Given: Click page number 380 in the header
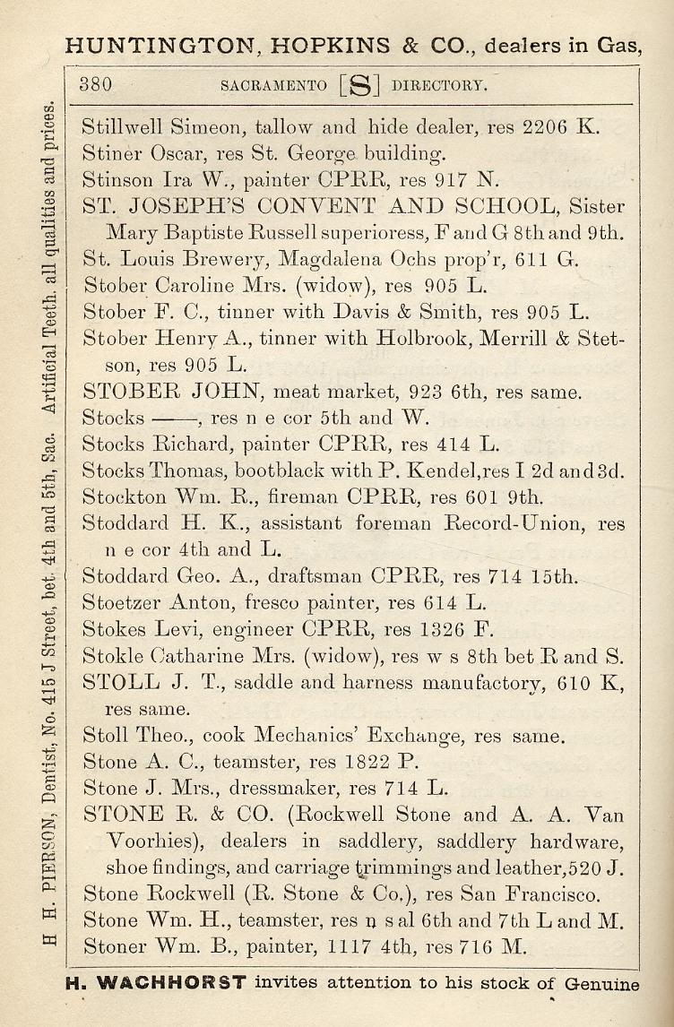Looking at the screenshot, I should [x=95, y=86].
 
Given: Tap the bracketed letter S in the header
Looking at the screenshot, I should [x=360, y=87].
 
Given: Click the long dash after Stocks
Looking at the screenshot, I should [x=168, y=419].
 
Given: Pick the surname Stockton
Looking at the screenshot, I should [x=119, y=496].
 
